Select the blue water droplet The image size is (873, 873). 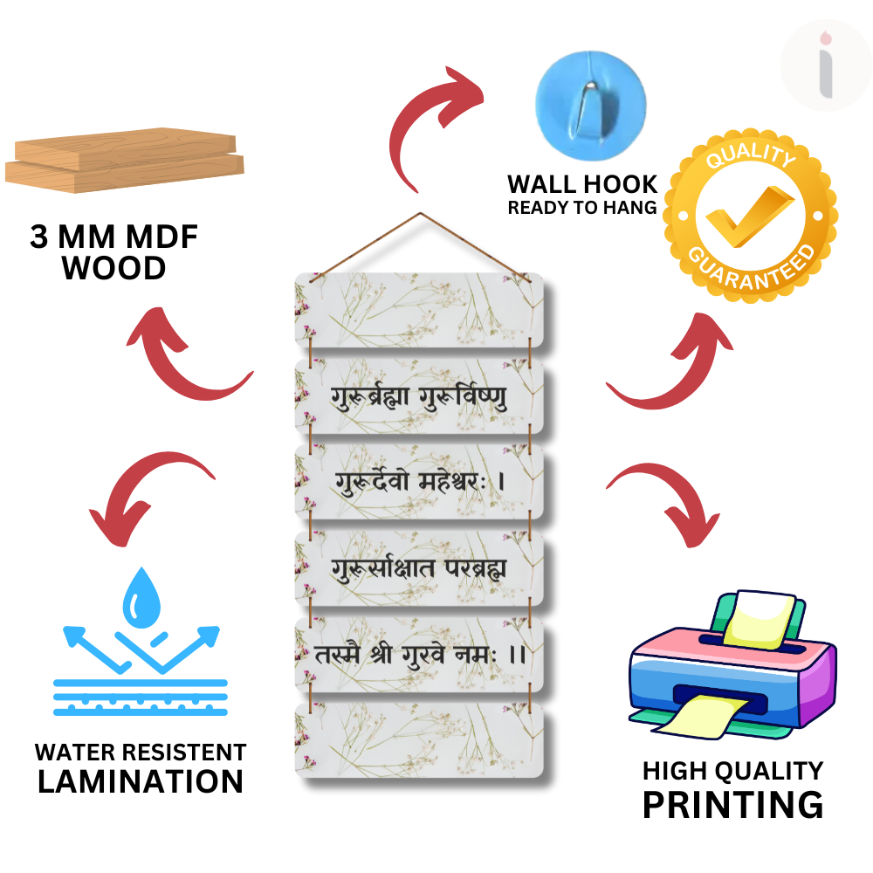(x=141, y=601)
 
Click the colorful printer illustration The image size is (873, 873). (x=732, y=669)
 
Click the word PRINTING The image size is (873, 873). (x=732, y=804)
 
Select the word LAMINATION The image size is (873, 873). (x=141, y=780)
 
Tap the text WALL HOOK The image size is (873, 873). (x=582, y=185)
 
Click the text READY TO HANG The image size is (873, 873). (x=582, y=208)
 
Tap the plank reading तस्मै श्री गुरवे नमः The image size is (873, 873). (x=419, y=655)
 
